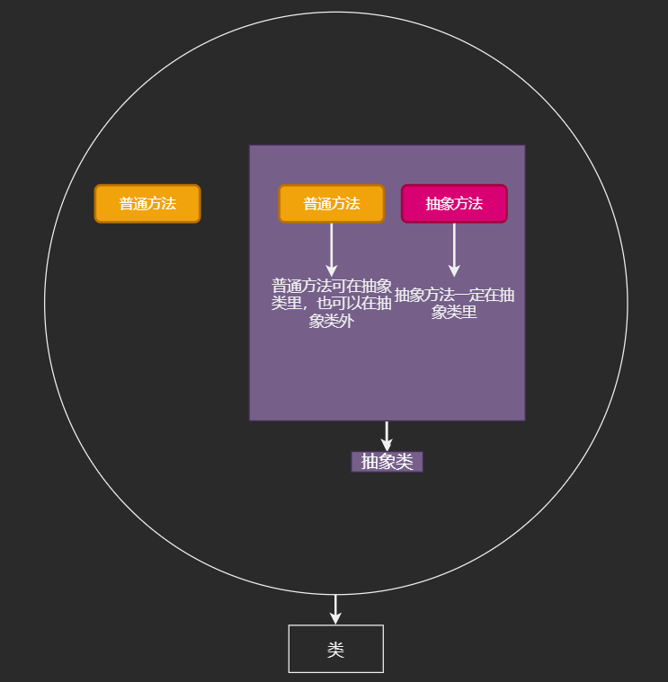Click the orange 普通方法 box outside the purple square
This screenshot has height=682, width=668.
pyautogui.click(x=147, y=204)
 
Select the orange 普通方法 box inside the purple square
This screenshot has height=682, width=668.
pyautogui.click(x=331, y=204)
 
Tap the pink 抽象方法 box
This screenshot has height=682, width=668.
pyautogui.click(x=454, y=204)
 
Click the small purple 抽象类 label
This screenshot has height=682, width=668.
pyautogui.click(x=387, y=462)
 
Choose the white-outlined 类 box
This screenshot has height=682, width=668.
pyautogui.click(x=335, y=649)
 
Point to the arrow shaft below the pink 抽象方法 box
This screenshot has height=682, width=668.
pyautogui.click(x=454, y=243)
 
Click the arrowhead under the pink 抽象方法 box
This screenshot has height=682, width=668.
pyautogui.click(x=454, y=270)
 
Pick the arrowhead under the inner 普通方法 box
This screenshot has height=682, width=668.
pyautogui.click(x=331, y=270)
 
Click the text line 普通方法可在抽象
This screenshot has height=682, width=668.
pyautogui.click(x=332, y=286)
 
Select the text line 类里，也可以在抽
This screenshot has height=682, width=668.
pyautogui.click(x=332, y=303)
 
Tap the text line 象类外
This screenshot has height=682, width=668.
pyautogui.click(x=331, y=321)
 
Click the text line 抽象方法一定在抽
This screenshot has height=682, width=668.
pyautogui.click(x=454, y=295)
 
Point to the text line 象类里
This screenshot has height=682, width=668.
pyautogui.click(x=454, y=312)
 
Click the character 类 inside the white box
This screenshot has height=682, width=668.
pyautogui.click(x=335, y=650)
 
